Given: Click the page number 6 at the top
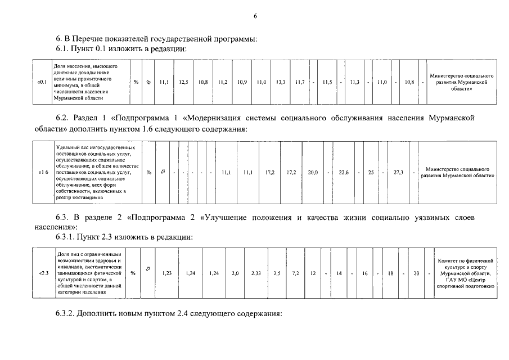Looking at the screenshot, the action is [x=255, y=16].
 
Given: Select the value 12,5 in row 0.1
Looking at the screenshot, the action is [x=183, y=82].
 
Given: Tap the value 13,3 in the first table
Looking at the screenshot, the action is [x=280, y=82].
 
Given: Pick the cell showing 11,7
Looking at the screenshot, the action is [x=300, y=82].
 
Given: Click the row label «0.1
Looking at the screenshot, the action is [x=41, y=82].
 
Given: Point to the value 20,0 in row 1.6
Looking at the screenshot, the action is [x=313, y=172].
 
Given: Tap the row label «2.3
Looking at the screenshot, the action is [x=44, y=273].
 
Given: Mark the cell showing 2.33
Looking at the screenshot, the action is [x=256, y=273].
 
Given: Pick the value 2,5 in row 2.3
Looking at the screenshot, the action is [x=276, y=273].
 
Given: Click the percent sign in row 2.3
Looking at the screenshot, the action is [x=133, y=273].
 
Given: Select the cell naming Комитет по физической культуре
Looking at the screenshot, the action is [x=465, y=273].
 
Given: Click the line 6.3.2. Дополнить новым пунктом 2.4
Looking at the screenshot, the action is [x=168, y=313].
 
